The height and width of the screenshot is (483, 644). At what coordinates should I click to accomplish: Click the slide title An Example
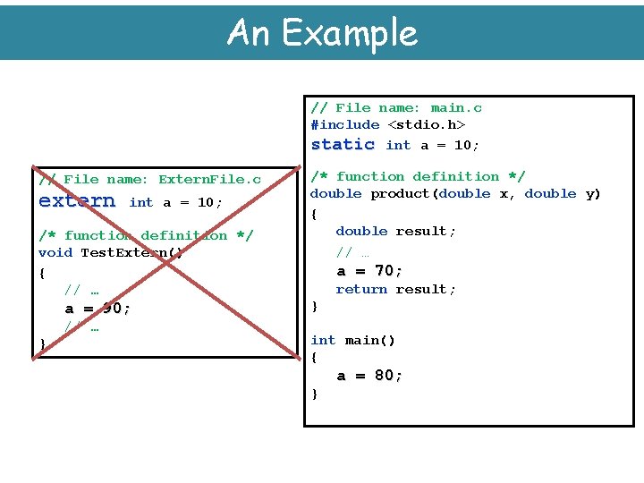322,33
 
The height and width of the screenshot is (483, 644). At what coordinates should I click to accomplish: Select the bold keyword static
343,144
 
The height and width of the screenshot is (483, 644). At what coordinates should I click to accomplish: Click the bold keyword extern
77,201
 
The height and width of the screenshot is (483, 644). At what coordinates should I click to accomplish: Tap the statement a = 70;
369,270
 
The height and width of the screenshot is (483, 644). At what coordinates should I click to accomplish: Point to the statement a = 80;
369,376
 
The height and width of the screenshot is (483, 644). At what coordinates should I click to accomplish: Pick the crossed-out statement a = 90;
97,309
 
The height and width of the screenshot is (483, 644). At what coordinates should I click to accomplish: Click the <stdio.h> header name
426,124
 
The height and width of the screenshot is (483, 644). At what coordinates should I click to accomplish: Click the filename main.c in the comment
456,107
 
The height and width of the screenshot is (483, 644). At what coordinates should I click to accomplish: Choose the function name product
400,193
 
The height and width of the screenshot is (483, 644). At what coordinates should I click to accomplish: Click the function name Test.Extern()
131,252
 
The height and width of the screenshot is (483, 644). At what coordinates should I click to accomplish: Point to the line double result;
395,231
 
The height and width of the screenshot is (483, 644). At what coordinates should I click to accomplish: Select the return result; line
395,289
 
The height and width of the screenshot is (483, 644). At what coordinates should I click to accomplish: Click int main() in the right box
352,340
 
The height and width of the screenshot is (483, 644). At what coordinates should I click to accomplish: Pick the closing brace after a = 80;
314,394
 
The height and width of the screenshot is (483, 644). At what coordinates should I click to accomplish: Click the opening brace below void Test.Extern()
42,271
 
